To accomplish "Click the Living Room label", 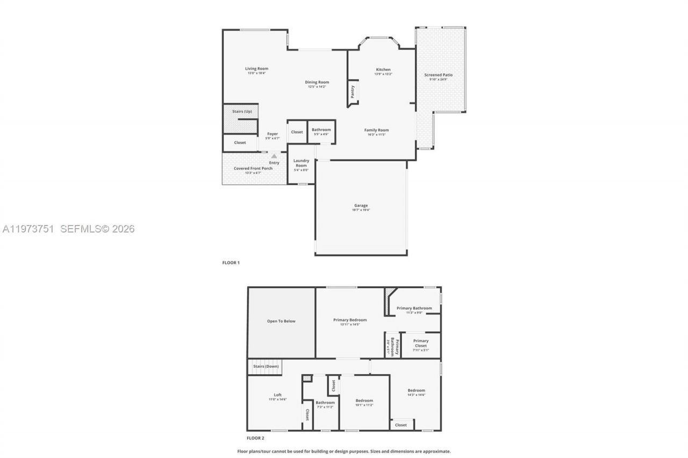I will click(256, 69).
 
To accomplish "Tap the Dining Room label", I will click(317, 82).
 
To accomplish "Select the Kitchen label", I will click(383, 70).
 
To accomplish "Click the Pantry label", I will click(353, 92).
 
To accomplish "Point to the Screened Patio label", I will click(438, 75).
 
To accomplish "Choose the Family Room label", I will click(376, 130).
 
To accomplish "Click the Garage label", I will click(361, 205).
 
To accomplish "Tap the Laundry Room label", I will click(301, 163).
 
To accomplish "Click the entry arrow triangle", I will click(274, 156).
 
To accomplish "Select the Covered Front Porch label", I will click(253, 169).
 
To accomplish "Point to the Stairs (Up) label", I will click(242, 111).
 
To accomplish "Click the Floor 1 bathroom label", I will click(321, 129).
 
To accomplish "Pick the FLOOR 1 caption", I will click(231, 263).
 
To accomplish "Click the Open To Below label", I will click(281, 321).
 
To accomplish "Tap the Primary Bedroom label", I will click(350, 320).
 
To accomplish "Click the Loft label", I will click(278, 395).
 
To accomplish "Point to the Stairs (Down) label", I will click(266, 366).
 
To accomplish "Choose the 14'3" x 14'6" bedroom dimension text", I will click(417, 395).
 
